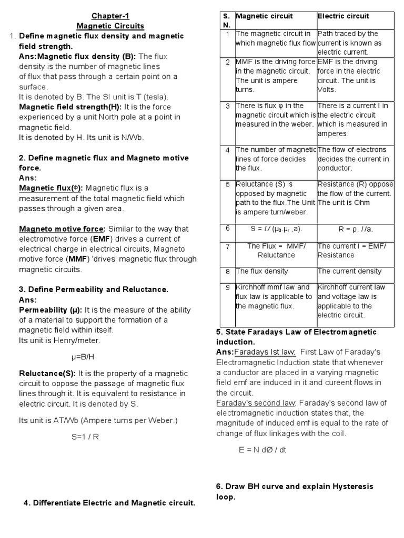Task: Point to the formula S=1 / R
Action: (x=85, y=437)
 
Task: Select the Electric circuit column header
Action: (x=344, y=16)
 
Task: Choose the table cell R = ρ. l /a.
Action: (x=356, y=229)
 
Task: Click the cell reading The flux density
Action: (x=262, y=271)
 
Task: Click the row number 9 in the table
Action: (x=227, y=287)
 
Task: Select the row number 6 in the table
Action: (x=227, y=229)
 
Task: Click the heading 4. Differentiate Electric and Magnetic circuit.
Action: (x=109, y=503)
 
